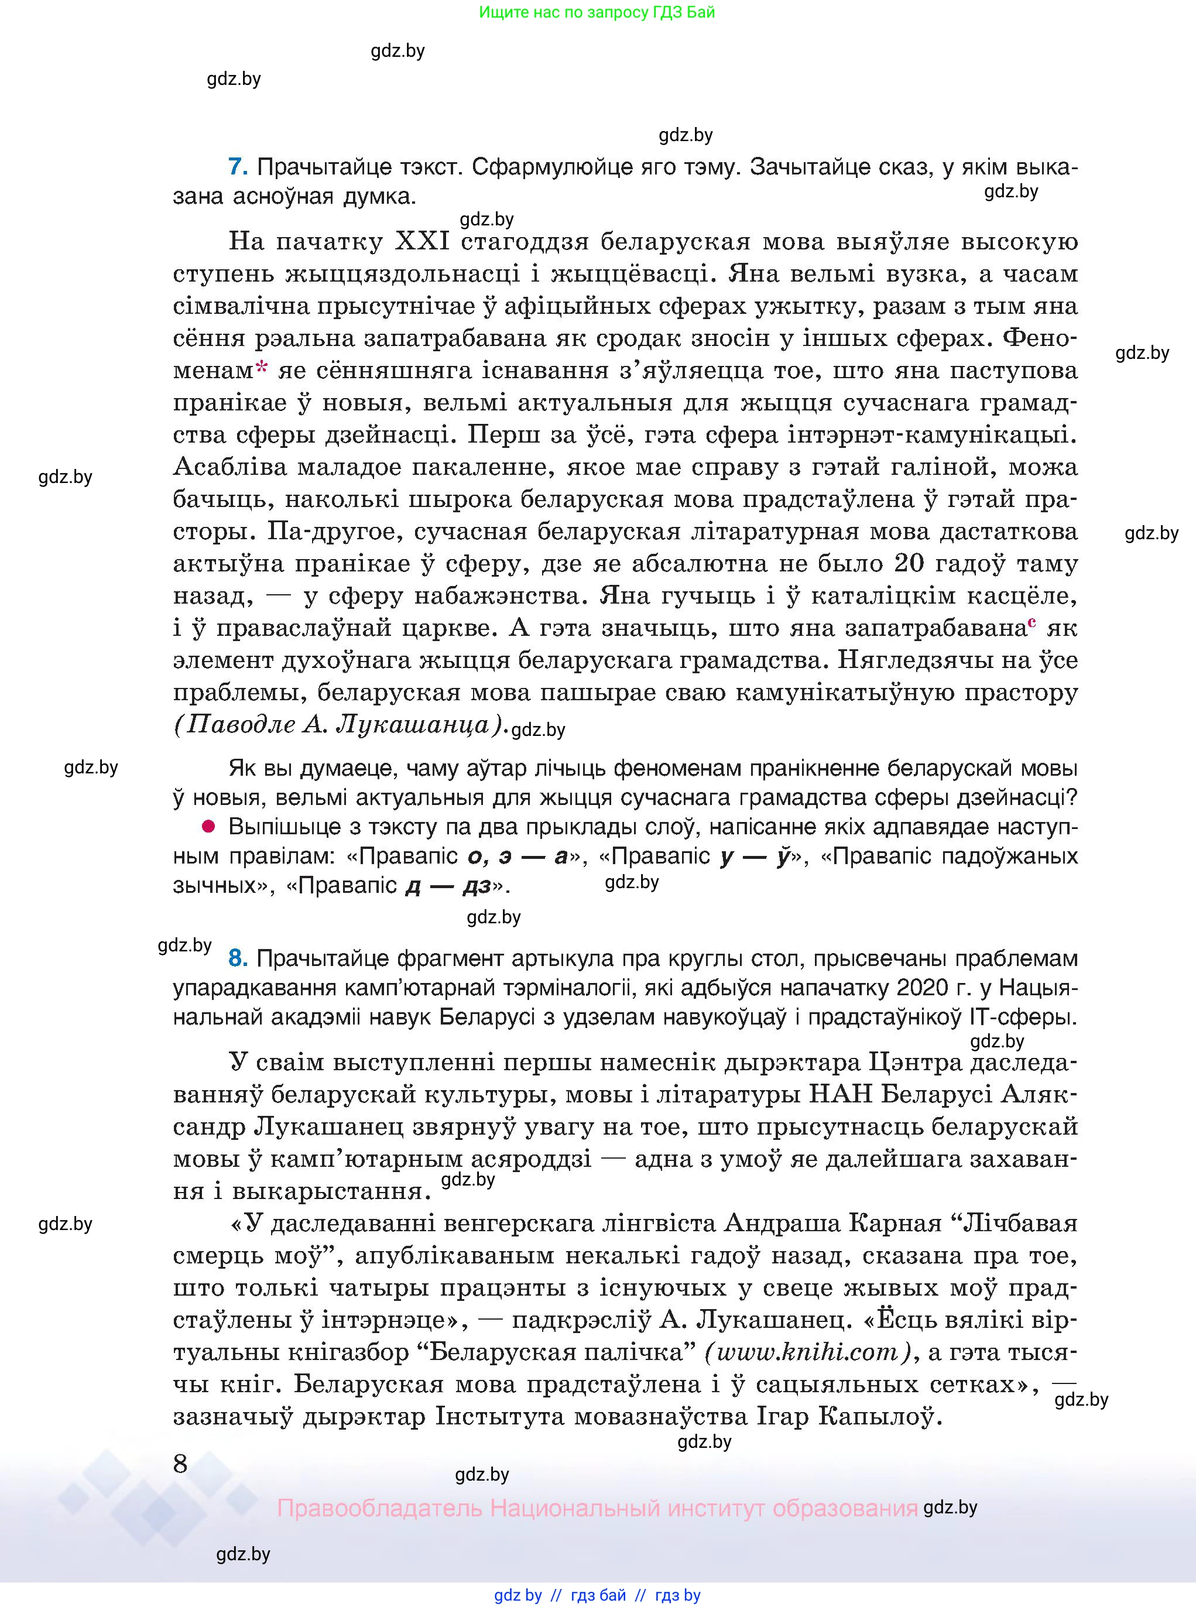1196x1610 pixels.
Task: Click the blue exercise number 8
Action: (238, 958)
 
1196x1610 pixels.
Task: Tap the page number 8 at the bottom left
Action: (180, 1464)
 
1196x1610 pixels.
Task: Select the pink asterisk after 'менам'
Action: (261, 368)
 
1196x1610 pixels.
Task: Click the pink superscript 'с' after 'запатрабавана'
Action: (1031, 621)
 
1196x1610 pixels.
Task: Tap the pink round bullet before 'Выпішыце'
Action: (208, 826)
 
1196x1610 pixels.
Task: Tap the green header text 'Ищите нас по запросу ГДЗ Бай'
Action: (597, 12)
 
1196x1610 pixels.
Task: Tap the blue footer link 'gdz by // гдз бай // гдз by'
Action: (597, 1595)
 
